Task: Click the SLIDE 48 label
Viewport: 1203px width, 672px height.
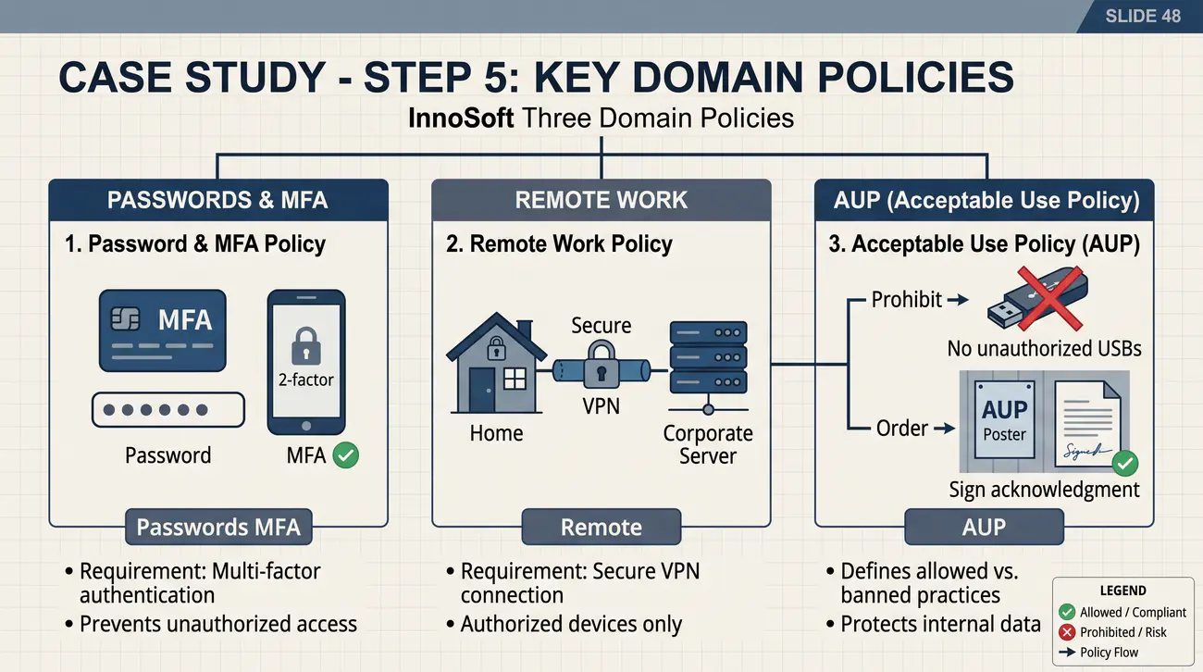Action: click(x=1143, y=16)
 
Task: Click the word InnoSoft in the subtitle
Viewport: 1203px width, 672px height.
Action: click(x=461, y=118)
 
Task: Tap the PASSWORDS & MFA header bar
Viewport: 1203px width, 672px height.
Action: click(x=218, y=200)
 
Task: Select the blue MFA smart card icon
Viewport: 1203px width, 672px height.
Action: click(x=163, y=330)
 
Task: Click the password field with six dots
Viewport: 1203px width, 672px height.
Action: click(x=168, y=410)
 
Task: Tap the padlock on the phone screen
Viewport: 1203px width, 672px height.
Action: click(x=306, y=346)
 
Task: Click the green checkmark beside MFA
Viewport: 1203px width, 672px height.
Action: click(x=345, y=455)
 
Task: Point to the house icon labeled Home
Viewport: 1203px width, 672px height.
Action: click(x=496, y=363)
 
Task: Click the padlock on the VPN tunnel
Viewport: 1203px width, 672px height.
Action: click(x=601, y=366)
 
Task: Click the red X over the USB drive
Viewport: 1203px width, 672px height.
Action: click(x=1050, y=298)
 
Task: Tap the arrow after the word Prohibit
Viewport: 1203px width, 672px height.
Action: click(x=958, y=300)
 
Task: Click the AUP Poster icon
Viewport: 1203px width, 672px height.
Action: click(x=1004, y=419)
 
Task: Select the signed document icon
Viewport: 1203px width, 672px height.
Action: click(x=1087, y=423)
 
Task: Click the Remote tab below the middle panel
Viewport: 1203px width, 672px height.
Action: click(x=601, y=527)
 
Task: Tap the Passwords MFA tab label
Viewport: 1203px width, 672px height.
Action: click(x=218, y=527)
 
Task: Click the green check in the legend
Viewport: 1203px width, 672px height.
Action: click(x=1067, y=612)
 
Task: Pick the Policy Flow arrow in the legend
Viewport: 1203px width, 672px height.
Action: click(x=1067, y=653)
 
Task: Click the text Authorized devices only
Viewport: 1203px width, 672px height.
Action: click(x=571, y=624)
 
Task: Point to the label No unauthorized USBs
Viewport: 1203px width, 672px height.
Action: click(x=1044, y=349)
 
